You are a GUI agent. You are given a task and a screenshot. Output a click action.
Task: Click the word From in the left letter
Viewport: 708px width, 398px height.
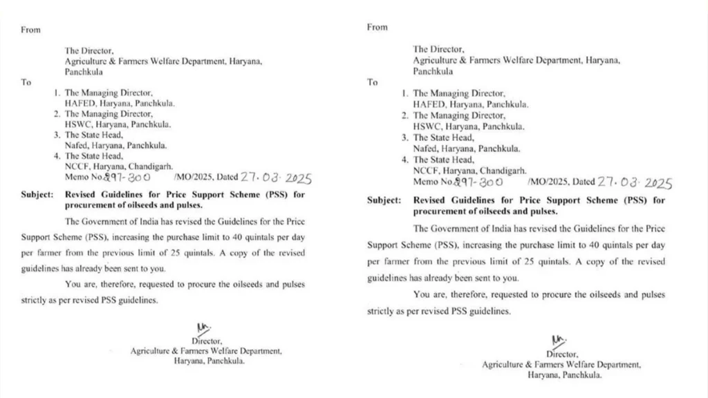point(30,30)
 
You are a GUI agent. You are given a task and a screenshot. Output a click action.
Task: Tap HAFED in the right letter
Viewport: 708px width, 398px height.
point(428,104)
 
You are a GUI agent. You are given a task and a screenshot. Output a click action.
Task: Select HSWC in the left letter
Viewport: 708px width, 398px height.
point(78,124)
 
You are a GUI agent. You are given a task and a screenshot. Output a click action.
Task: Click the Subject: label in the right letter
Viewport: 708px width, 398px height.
point(384,200)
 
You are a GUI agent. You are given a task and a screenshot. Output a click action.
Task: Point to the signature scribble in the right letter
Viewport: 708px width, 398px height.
point(556,340)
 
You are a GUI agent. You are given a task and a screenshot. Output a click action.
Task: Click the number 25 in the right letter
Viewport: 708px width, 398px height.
point(556,262)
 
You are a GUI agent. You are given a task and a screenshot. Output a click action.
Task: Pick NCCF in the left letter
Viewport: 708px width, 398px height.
point(77,167)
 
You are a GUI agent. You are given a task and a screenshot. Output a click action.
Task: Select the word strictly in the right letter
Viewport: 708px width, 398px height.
point(382,311)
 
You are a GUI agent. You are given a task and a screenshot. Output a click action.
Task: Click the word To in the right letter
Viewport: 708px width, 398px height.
point(373,82)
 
